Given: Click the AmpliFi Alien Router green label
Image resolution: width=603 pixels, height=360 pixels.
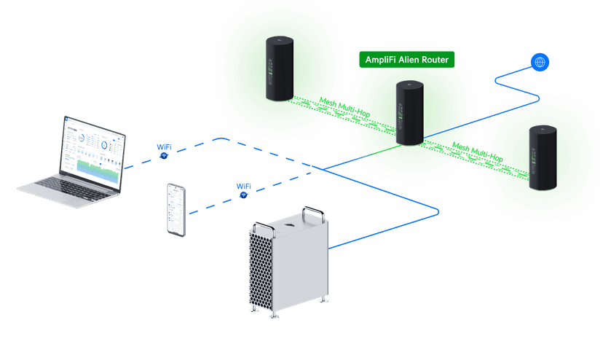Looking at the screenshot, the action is tap(406, 60).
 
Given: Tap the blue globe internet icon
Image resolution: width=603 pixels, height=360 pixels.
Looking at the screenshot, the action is tap(540, 62).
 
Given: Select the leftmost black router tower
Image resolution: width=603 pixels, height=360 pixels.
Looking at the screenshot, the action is tap(280, 69).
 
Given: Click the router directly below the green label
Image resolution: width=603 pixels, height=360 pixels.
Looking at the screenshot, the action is tap(410, 113).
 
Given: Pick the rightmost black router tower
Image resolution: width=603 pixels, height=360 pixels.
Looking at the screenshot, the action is tap(543, 157).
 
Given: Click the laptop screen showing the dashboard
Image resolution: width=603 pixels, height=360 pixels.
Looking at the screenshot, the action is tap(92, 153).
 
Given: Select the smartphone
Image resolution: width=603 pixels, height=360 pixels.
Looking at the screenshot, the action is tap(176, 210).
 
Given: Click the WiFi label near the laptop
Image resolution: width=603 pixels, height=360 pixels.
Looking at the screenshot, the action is tap(164, 147).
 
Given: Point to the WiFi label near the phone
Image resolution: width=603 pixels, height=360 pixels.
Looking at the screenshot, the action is tap(244, 187).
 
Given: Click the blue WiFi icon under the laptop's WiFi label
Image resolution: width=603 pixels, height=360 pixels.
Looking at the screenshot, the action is tap(164, 155).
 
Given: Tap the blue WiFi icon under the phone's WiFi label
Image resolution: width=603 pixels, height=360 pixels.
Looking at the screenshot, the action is tap(243, 195).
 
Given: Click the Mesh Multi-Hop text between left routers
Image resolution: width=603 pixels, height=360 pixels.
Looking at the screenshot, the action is tap(344, 107).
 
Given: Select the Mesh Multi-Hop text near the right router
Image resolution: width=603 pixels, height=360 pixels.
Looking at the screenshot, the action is tap(477, 152).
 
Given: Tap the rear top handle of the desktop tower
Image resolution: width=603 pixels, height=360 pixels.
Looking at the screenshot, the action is tap(313, 212).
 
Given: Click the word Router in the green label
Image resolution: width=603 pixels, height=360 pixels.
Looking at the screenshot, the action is tap(435, 60).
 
